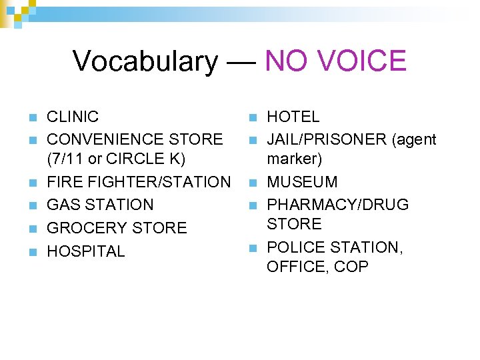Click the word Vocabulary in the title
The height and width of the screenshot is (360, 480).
[145, 61]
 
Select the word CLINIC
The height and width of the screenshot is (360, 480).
[73, 117]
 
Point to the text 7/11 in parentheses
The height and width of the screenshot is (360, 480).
[67, 159]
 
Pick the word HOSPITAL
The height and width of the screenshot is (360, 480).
[85, 251]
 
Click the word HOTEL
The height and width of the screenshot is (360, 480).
[293, 117]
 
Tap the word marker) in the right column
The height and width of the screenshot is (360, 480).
[295, 159]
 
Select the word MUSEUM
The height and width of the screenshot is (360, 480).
[302, 182]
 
